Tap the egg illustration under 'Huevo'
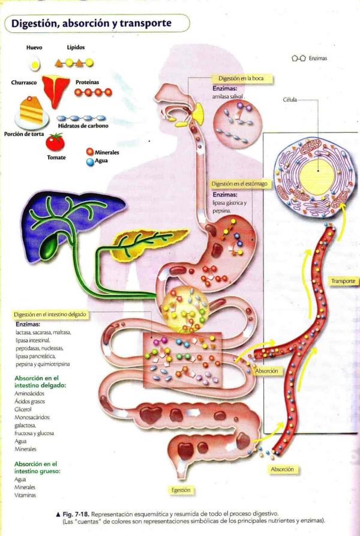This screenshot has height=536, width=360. (x=34, y=62)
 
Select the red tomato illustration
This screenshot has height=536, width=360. (x=55, y=142)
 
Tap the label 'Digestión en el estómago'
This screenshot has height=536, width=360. (x=239, y=184)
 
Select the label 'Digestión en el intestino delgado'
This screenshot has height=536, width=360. (x=50, y=315)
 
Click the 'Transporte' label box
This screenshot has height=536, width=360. (x=343, y=280)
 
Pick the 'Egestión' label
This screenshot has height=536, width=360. (x=181, y=490)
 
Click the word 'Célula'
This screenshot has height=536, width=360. (x=290, y=101)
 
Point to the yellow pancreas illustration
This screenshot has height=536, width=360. (x=141, y=243)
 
